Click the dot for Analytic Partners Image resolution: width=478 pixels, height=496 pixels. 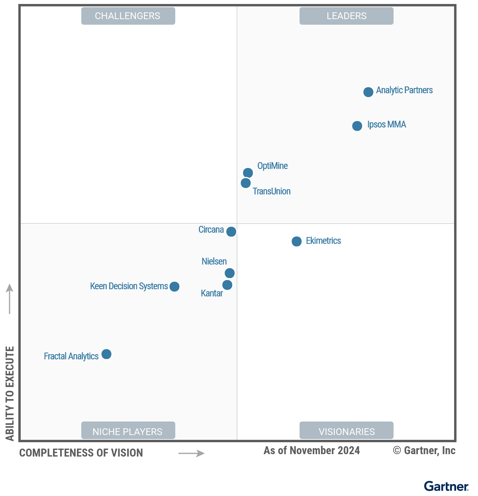[368, 92]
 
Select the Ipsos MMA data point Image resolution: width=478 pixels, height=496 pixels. [357, 126]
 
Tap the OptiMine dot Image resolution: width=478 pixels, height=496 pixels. [248, 173]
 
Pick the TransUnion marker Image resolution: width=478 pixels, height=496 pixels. [245, 183]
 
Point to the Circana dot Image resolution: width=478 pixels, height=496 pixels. [231, 231]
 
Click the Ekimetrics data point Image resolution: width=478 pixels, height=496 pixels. [296, 241]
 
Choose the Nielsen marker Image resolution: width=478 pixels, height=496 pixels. [229, 273]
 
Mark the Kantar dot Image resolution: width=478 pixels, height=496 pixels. [227, 285]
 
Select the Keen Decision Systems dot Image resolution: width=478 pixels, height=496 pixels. [174, 286]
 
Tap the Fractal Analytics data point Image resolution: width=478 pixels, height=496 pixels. [106, 354]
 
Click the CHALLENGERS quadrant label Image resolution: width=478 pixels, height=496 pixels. [128, 16]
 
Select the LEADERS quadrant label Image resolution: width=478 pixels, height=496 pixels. [346, 16]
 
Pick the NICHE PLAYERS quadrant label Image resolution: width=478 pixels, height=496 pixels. [128, 431]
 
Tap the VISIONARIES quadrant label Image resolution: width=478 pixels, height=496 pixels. [346, 431]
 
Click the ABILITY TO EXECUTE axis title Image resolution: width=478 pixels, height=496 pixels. [10, 394]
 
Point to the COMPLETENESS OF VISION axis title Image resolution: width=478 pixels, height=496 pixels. [81, 453]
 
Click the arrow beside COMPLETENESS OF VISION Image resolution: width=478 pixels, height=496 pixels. [191, 453]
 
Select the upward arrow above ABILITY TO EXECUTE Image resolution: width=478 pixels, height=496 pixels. [10, 299]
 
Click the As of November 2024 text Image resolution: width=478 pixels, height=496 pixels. [311, 451]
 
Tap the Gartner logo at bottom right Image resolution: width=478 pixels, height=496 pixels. [446, 486]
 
